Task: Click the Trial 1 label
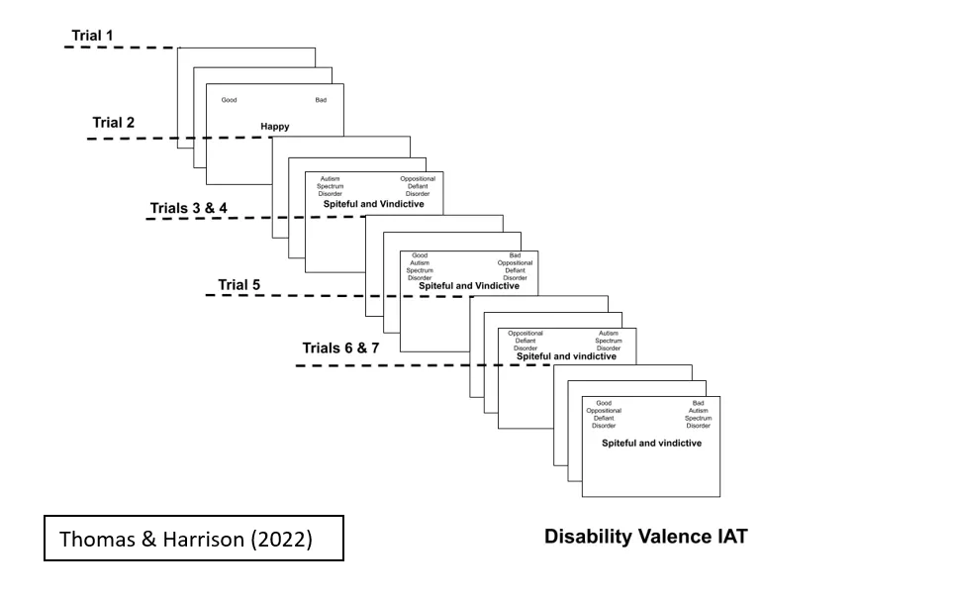[x=92, y=36]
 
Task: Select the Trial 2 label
[x=114, y=123]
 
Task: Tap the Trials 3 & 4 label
[x=188, y=208]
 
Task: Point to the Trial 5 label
[x=239, y=285]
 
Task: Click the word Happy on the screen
[x=275, y=127]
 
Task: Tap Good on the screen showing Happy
[x=229, y=100]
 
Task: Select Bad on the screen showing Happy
[x=321, y=100]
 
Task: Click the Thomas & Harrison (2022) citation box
[x=194, y=539]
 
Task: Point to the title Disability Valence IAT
[x=646, y=537]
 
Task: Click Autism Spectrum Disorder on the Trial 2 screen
[x=331, y=186]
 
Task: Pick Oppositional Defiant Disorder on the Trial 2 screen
[x=418, y=186]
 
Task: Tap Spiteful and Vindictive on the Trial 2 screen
[x=374, y=204]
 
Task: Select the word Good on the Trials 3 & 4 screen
[x=420, y=255]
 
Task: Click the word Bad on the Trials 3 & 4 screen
[x=516, y=255]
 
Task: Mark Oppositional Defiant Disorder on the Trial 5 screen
[x=525, y=341]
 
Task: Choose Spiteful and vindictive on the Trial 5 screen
[x=567, y=356]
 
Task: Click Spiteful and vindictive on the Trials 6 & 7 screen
[x=651, y=443]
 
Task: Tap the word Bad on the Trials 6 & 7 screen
[x=699, y=403]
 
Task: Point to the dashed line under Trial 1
[x=119, y=47]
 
